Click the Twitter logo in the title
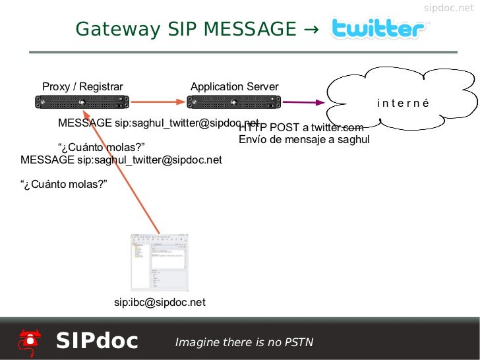coord(378,29)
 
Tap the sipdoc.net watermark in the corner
coord(448,8)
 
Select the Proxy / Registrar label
coord(82,86)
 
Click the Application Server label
coord(234,86)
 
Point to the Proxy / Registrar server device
coord(82,102)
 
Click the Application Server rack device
coord(234,102)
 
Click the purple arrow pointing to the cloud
coord(303,102)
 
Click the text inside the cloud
coord(402,103)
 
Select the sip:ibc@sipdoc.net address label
coord(160,303)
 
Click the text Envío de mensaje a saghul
coord(304,140)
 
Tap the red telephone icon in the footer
coord(28,340)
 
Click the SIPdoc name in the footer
coord(97,341)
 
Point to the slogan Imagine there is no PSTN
coord(244,342)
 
